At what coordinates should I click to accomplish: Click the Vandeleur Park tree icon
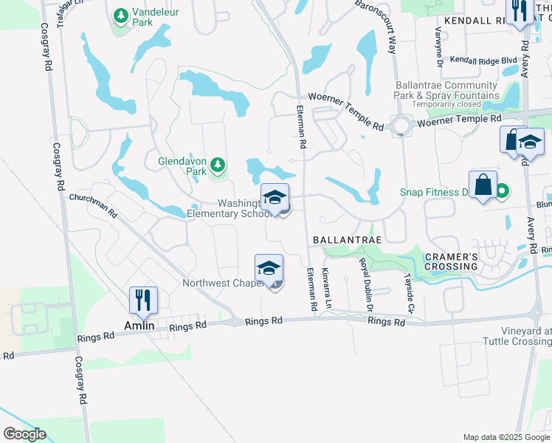pos(120,15)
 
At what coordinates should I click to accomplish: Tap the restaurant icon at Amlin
pos(143,300)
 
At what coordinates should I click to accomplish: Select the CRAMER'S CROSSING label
pos(452,261)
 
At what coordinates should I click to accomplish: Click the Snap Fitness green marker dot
pos(502,192)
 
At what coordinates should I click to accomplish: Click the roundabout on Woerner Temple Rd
pos(401,126)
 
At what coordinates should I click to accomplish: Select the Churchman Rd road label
pos(93,205)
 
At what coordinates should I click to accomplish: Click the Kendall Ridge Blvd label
pos(483,60)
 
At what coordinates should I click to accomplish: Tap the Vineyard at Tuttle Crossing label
pos(517,336)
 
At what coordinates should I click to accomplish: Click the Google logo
pos(24,434)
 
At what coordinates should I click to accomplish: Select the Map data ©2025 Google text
pos(505,437)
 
